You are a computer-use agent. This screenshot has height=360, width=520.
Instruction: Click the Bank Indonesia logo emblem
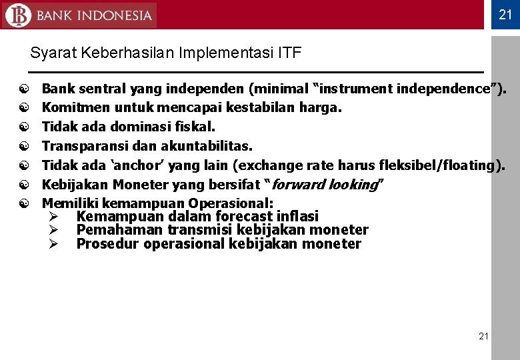coord(18,15)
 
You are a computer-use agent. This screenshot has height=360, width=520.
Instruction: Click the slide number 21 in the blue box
coord(505,15)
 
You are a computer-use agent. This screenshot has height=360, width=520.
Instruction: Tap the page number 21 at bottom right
coord(483,336)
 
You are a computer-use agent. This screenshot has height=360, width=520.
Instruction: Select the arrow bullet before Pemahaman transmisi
coord(53,230)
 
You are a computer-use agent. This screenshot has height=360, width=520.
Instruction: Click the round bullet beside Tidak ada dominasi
coord(24,127)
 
